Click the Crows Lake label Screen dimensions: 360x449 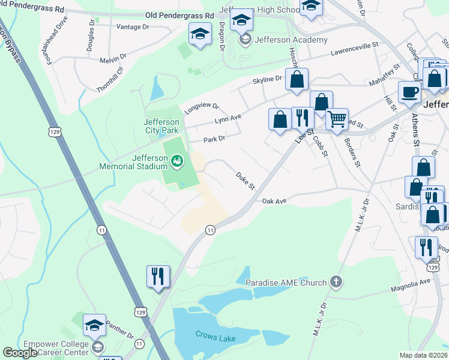coord(215,338)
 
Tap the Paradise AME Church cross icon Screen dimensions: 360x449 coord(336,282)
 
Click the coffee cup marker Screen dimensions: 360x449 coord(410,92)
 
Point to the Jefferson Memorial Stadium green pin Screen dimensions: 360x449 coord(176,160)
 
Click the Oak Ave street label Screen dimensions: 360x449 coord(274,201)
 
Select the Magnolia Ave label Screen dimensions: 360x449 coord(412,281)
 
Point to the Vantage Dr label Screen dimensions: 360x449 coord(133,27)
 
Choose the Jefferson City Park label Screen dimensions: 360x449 coord(161,125)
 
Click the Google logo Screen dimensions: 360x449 coord(20,353)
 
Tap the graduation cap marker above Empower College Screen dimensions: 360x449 coord(94,325)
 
